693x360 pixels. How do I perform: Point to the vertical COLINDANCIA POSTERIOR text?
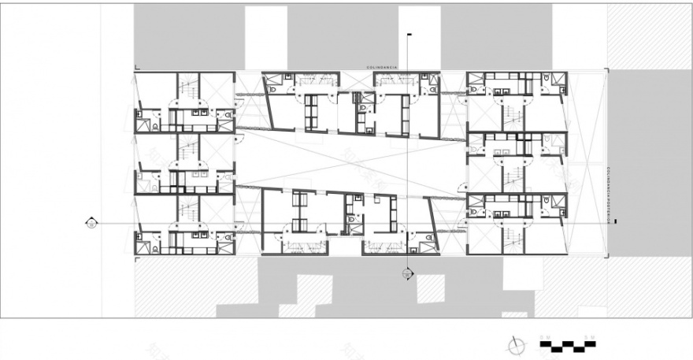click(x=609, y=189)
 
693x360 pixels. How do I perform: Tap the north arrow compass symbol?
click(x=517, y=343)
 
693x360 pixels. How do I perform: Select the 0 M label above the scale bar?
click(x=544, y=337)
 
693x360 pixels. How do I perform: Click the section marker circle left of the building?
click(x=92, y=223)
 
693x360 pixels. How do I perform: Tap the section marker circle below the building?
click(x=407, y=273)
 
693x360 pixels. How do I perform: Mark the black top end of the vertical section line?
click(x=408, y=35)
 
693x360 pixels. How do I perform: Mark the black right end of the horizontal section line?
click(x=616, y=223)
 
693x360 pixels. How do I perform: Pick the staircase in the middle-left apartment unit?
click(x=187, y=149)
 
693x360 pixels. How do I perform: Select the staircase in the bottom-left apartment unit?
click(x=187, y=210)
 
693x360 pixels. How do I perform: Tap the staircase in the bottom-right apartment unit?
click(x=514, y=236)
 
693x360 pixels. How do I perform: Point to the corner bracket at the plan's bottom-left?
click(x=137, y=257)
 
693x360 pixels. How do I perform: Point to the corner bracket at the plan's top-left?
click(x=137, y=69)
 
